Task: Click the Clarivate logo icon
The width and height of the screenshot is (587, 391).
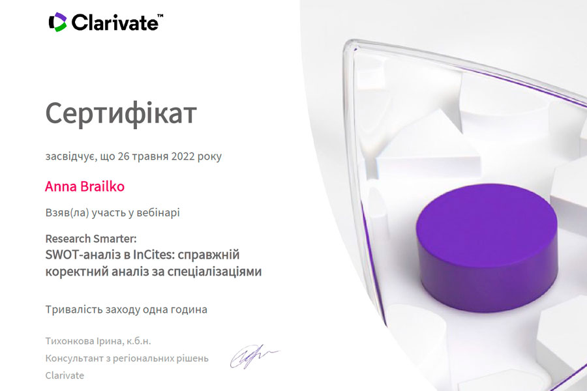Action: [x=57, y=22]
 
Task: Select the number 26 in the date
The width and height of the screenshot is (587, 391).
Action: [x=123, y=156]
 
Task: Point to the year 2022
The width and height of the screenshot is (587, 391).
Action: [x=183, y=156]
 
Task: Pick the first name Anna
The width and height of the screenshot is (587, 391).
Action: [x=61, y=186]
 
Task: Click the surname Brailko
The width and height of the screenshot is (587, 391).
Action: [x=102, y=186]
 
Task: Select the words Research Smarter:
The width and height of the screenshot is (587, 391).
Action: [x=91, y=239]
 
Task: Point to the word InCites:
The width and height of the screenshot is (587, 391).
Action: [x=154, y=254]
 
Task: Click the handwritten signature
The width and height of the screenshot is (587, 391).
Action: [x=254, y=356]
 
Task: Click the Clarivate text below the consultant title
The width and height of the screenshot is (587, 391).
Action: [x=65, y=375]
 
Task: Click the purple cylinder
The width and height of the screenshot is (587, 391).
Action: [x=487, y=248]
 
